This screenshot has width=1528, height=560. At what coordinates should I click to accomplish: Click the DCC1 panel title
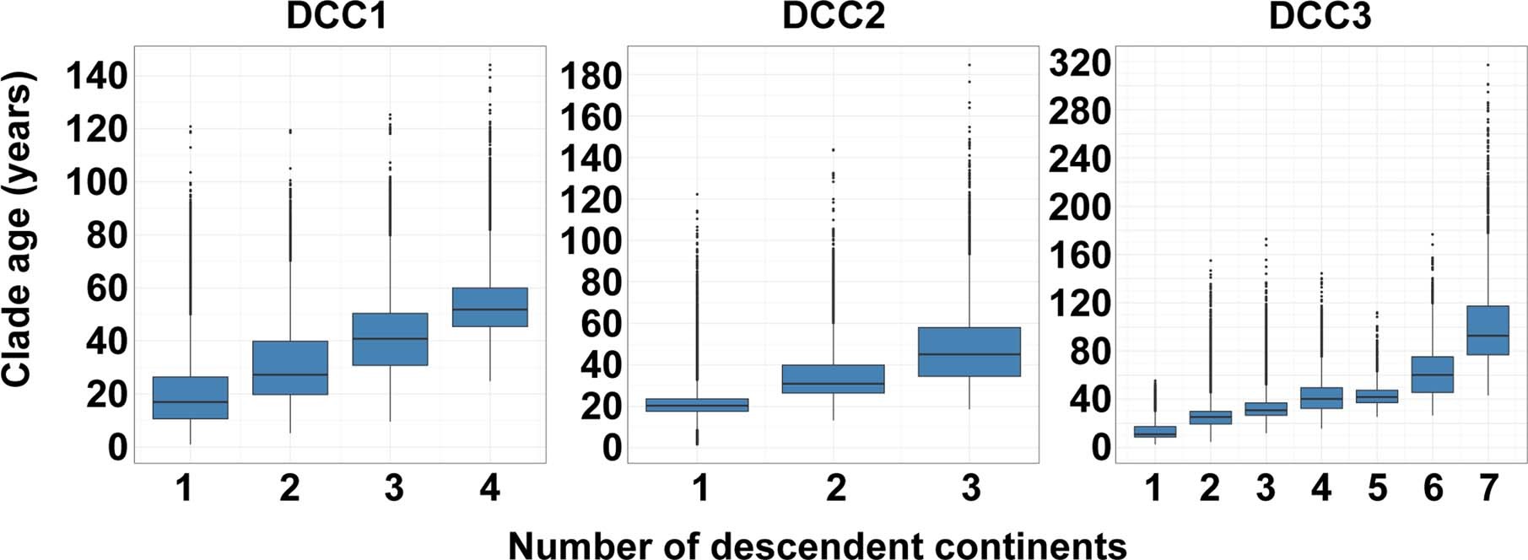[x=337, y=17]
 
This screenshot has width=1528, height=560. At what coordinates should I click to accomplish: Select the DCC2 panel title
[x=834, y=17]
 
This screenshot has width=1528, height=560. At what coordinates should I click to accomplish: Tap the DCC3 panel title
[x=1320, y=17]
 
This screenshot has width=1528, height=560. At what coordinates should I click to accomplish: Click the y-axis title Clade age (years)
[x=19, y=229]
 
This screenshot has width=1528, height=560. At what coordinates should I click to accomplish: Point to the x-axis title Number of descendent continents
[x=817, y=545]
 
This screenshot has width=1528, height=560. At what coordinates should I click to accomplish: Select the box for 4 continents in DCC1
[x=490, y=307]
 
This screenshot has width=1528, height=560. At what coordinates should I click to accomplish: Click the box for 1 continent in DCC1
[x=191, y=397]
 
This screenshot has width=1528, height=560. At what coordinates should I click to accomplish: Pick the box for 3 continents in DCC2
[x=969, y=352]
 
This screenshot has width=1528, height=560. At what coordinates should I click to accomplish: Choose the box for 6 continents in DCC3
[x=1433, y=374]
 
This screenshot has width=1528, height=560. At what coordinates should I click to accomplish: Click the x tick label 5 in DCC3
[x=1377, y=488]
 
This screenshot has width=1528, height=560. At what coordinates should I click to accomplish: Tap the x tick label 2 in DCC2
[x=835, y=488]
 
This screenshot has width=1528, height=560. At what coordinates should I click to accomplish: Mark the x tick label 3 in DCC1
[x=393, y=488]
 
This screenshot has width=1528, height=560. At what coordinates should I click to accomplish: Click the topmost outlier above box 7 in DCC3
[x=1488, y=65]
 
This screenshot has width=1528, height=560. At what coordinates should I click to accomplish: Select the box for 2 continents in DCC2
[x=834, y=379]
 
